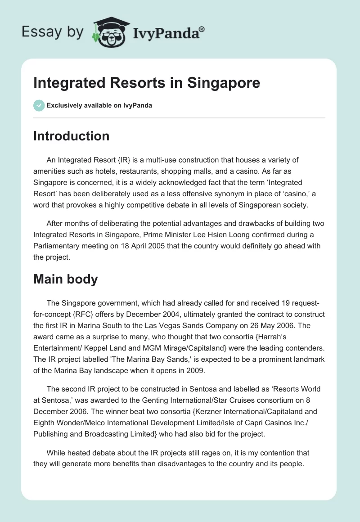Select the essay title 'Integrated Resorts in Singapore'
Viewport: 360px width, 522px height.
click(147, 83)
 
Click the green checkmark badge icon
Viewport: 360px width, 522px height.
click(39, 105)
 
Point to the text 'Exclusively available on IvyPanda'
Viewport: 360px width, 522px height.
click(99, 106)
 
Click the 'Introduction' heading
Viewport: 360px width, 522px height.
click(71, 136)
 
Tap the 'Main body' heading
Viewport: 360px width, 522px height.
click(65, 279)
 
